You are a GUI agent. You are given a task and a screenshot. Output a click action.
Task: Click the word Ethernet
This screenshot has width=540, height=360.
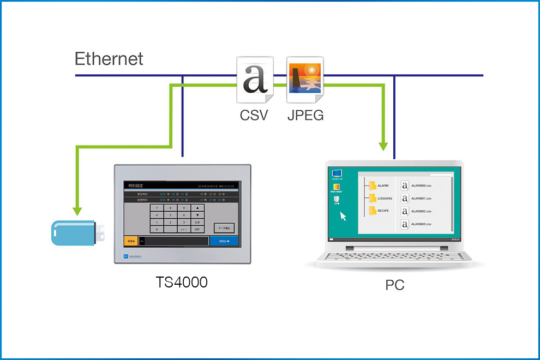pyautogui.click(x=109, y=59)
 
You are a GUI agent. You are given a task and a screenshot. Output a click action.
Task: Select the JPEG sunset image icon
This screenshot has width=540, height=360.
pyautogui.click(x=305, y=80)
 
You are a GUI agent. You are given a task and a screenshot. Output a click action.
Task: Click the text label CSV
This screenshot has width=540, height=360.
pyautogui.click(x=255, y=115)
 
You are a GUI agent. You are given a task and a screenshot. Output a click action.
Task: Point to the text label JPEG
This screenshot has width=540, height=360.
pyautogui.click(x=305, y=115)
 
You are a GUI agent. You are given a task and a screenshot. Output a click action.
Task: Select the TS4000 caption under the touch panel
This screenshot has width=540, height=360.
pyautogui.click(x=182, y=283)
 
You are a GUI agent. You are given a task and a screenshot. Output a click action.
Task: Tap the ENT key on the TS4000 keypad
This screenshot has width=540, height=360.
pyautogui.click(x=197, y=229)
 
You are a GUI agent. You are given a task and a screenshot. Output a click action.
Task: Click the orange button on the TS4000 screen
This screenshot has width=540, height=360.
pyautogui.click(x=130, y=241)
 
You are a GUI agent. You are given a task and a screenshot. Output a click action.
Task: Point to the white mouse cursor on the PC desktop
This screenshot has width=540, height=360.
pyautogui.click(x=343, y=216)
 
